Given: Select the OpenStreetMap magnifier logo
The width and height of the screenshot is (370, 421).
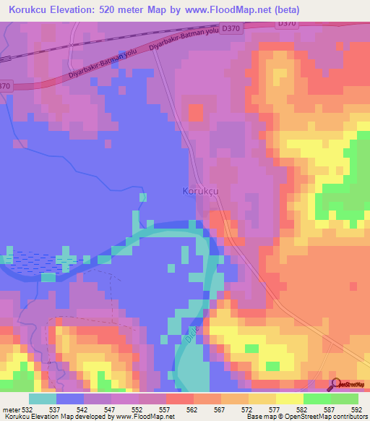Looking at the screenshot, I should click(x=337, y=384).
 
